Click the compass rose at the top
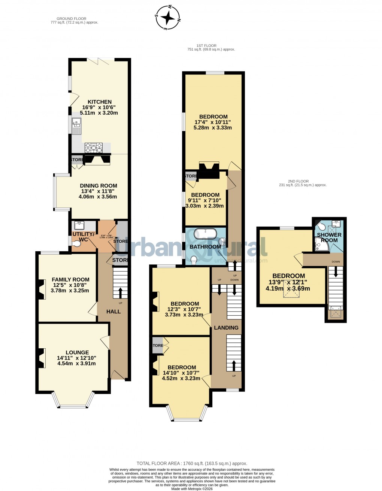coord(168,17)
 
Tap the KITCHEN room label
coord(100,102)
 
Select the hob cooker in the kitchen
coord(94,148)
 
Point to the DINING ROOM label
coord(98,186)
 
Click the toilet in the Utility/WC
coord(76,244)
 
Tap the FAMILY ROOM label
coord(70,279)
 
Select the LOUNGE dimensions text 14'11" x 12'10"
coord(76,358)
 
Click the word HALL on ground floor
coord(113,312)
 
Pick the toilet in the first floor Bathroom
coord(194,260)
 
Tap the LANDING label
coord(226,328)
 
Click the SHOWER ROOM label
coord(329,237)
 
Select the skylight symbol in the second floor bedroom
coord(289,293)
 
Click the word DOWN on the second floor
coord(336,262)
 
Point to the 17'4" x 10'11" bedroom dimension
coord(212,122)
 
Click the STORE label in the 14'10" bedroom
coord(158,346)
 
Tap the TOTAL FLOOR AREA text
coord(192,463)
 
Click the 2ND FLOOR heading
coord(298,181)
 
